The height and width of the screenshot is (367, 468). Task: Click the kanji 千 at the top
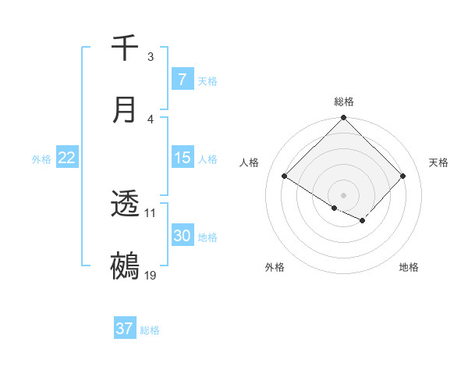click(125, 48)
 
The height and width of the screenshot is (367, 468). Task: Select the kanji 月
click(125, 109)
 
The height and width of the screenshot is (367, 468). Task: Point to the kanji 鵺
click(125, 266)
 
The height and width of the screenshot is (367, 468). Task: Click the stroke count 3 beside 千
click(151, 57)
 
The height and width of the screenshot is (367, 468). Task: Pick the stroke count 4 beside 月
click(151, 119)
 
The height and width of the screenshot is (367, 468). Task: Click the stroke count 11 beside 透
click(151, 212)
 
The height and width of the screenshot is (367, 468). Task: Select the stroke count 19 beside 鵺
click(151, 275)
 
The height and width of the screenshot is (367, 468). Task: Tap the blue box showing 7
click(182, 80)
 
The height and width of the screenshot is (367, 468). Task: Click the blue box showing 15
click(182, 158)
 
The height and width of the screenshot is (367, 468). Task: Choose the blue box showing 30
click(182, 236)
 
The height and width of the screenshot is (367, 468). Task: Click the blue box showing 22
click(66, 158)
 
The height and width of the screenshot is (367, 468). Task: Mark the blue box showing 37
click(124, 329)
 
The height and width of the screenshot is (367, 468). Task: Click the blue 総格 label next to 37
click(150, 330)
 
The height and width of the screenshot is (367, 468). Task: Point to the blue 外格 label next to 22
click(41, 159)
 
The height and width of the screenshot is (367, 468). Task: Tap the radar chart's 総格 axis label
click(343, 102)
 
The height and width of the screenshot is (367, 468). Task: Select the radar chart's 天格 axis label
click(439, 162)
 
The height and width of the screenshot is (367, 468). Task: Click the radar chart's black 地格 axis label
click(409, 268)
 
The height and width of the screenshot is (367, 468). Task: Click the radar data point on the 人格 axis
click(285, 176)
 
